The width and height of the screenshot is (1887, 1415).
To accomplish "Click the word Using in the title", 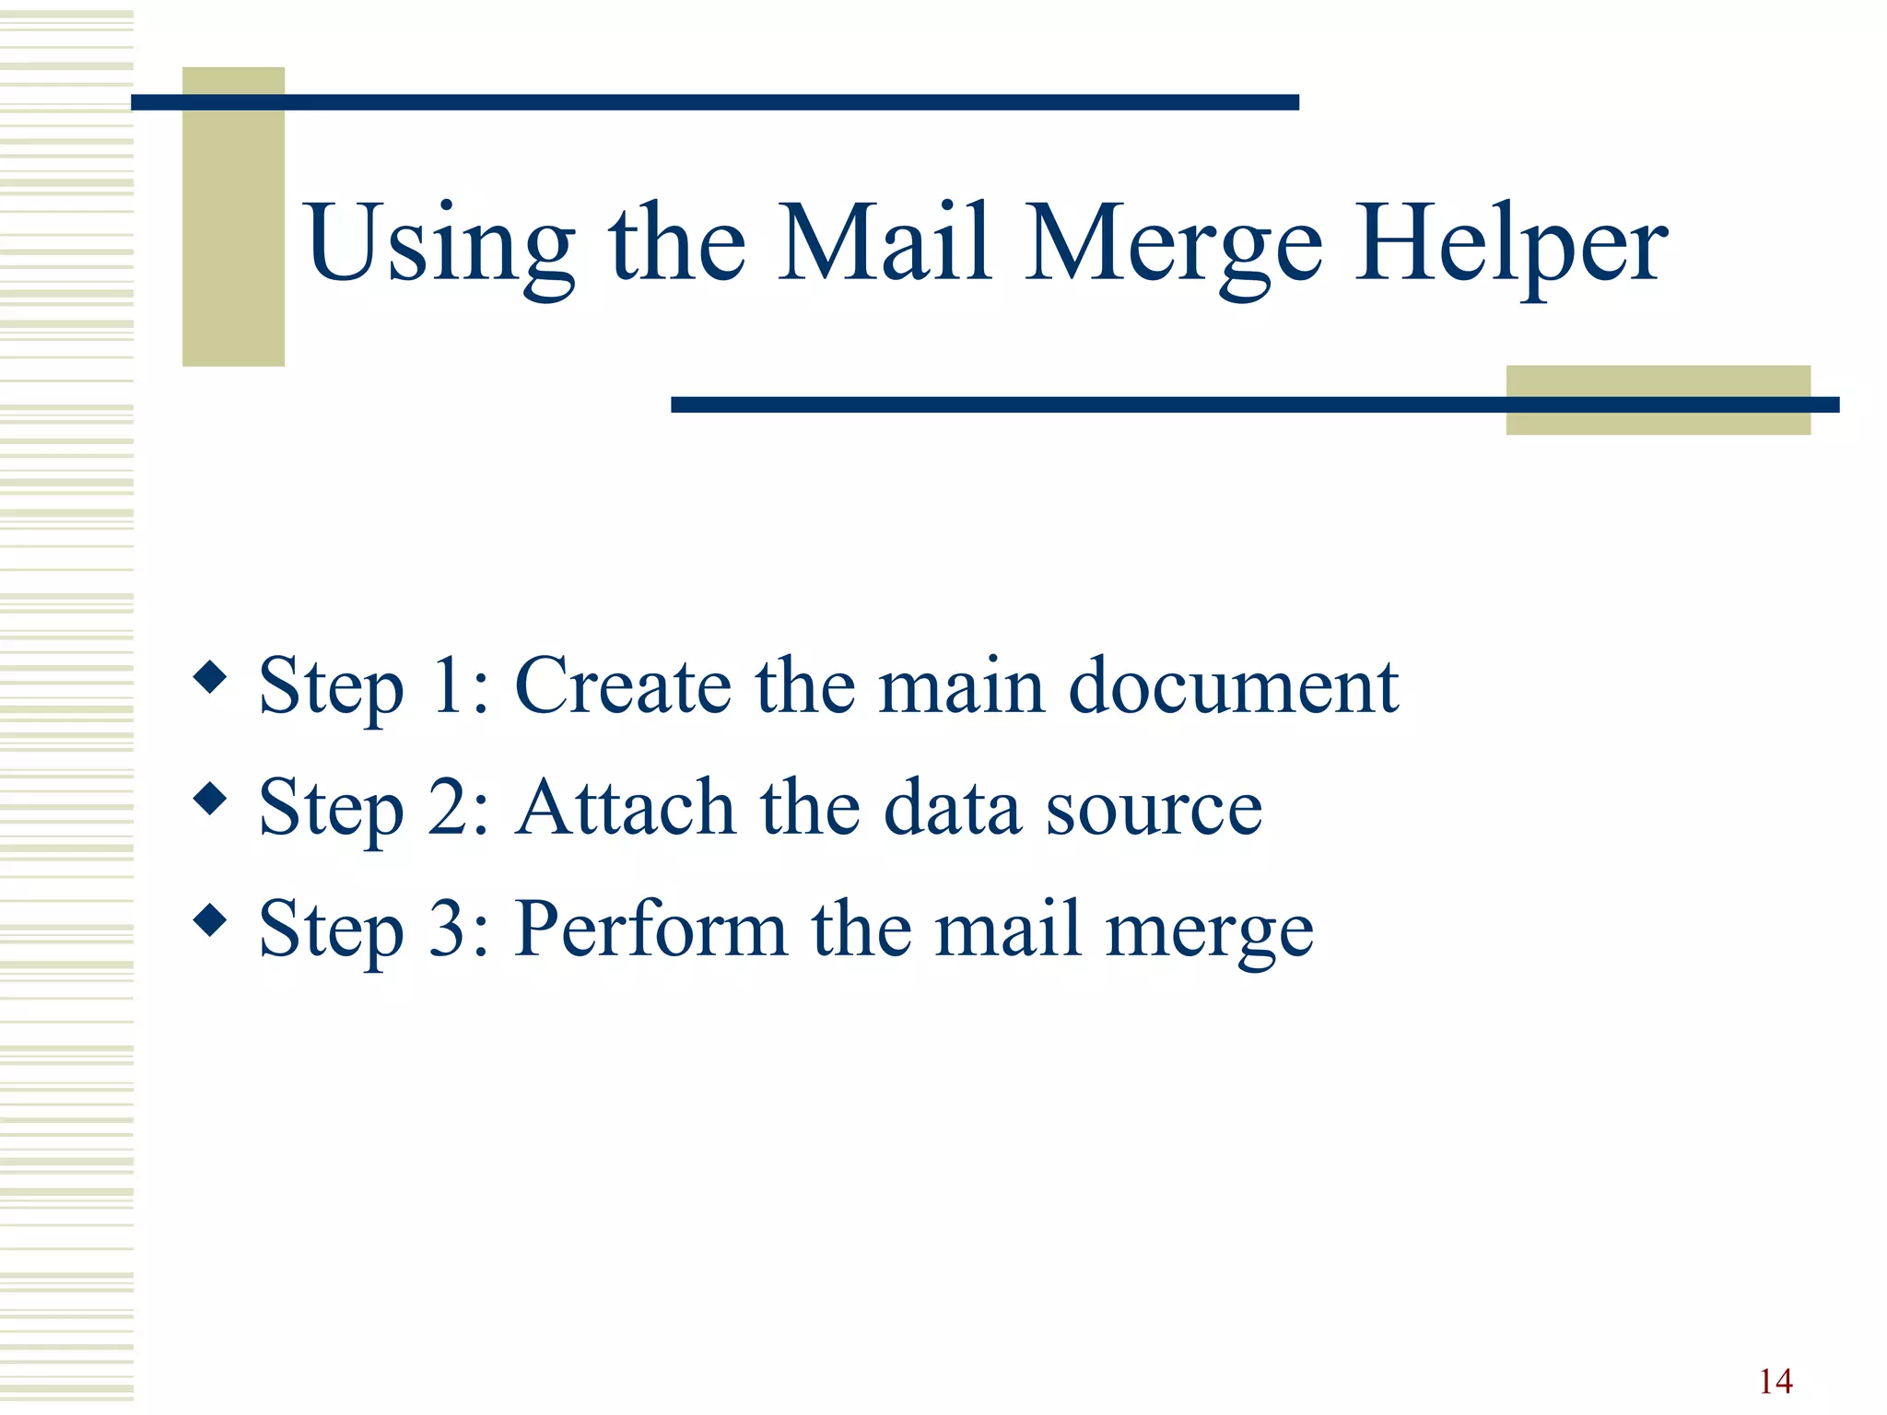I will click(440, 244).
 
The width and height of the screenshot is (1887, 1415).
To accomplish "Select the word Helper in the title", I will click(1510, 244).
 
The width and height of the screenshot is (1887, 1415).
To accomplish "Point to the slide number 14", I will click(1775, 1381).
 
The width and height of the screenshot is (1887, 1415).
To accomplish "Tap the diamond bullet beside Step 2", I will click(211, 799).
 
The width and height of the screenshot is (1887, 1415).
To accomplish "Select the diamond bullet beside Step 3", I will click(211, 919).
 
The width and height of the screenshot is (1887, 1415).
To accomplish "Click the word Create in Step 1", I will click(622, 685).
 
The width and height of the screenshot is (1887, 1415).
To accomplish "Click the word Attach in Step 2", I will click(625, 807).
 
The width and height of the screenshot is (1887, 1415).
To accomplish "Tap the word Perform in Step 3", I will click(650, 929).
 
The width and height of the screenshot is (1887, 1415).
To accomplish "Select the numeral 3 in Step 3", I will click(448, 929).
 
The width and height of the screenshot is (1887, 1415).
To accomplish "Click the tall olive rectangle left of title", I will click(233, 217).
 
